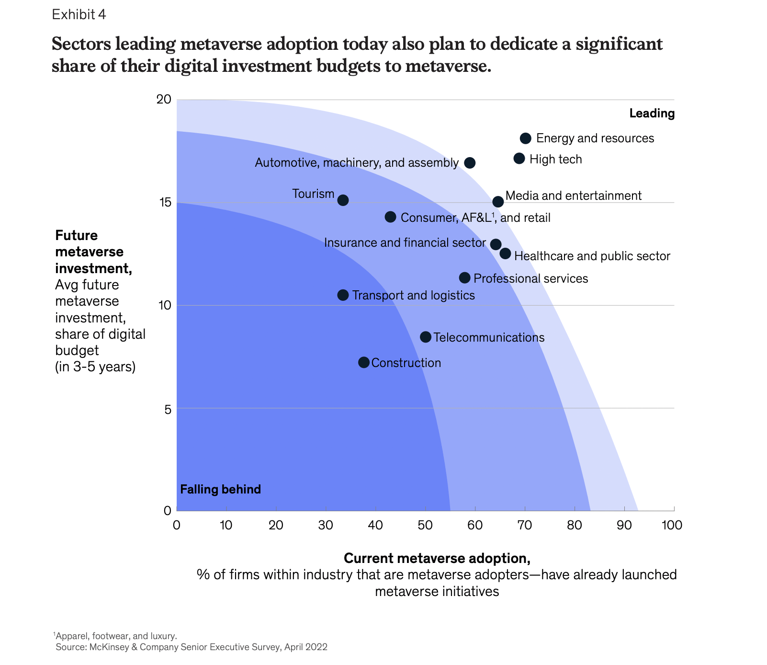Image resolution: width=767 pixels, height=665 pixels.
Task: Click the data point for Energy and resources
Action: [525, 138]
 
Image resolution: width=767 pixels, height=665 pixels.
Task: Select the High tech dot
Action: [519, 159]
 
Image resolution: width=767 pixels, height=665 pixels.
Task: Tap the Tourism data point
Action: [343, 200]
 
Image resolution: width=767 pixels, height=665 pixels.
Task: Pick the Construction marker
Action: [364, 362]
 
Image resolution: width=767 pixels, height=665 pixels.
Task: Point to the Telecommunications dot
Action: [425, 337]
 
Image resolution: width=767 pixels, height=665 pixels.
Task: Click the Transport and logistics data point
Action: [343, 295]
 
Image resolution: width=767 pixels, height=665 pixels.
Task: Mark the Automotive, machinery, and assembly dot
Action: [470, 163]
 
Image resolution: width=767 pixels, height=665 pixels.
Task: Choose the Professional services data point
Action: [464, 278]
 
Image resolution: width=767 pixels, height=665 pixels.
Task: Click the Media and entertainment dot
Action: [498, 202]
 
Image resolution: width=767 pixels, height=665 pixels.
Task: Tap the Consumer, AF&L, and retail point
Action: [390, 217]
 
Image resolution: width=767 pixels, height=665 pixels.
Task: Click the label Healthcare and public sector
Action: [592, 256]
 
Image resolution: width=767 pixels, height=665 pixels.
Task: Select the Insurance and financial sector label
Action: [405, 243]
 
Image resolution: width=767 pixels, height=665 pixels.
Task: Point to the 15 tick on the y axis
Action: [164, 203]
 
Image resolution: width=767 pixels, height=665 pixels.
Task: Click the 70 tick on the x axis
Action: [525, 525]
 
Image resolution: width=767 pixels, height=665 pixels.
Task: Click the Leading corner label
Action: [652, 114]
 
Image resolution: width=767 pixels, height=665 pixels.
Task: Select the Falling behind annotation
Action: [221, 490]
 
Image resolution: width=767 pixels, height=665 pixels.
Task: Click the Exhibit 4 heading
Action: [79, 15]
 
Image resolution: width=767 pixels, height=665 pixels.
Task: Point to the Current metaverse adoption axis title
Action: [437, 559]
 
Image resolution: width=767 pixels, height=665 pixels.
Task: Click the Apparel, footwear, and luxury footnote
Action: [116, 636]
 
